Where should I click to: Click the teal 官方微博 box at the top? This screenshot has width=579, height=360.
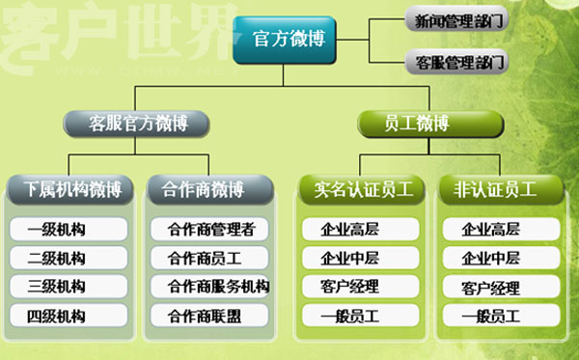[x=280, y=39]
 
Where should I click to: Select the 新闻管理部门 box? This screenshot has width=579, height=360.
[x=456, y=18]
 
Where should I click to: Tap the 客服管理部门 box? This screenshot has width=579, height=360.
[x=456, y=63]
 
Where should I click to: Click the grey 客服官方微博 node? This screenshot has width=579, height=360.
[x=136, y=124]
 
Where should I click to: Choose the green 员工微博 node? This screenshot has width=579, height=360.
[x=429, y=124]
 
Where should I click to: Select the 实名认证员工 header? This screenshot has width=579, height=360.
[x=363, y=189]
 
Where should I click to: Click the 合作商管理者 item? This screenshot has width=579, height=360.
[x=211, y=230]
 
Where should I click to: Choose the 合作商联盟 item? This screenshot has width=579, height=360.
[x=211, y=316]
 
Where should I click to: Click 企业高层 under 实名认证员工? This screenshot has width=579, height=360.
[x=361, y=230]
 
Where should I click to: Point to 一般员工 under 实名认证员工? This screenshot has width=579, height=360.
[x=361, y=316]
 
